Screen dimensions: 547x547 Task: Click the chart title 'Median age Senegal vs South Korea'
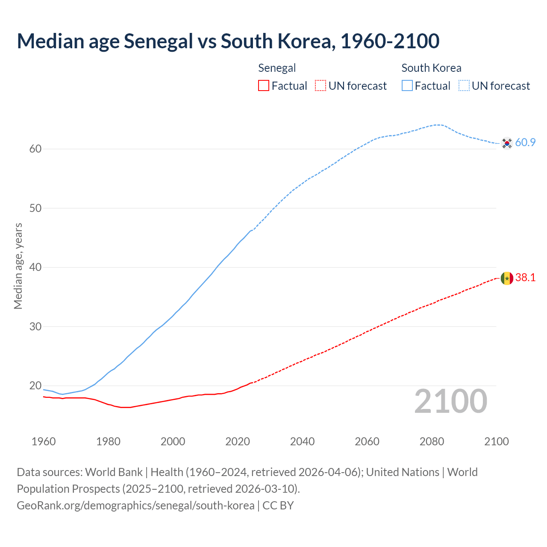click(x=228, y=41)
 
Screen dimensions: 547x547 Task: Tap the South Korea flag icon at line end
click(x=507, y=143)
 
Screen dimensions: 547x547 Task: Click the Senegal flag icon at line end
click(x=507, y=278)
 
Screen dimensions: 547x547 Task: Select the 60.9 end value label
click(x=525, y=143)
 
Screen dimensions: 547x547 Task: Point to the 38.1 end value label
click(x=525, y=278)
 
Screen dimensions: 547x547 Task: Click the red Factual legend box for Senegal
click(x=264, y=86)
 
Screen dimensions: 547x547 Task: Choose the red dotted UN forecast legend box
click(x=321, y=86)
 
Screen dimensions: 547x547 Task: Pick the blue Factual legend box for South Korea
click(x=407, y=86)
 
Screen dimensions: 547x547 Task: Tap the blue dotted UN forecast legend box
click(x=464, y=86)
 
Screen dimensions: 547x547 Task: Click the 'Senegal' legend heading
click(x=277, y=68)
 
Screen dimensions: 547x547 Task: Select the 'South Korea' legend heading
click(x=431, y=68)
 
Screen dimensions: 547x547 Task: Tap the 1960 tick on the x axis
click(x=44, y=441)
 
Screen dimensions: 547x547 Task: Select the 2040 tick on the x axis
click(x=302, y=441)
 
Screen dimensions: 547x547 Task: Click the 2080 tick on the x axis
click(x=432, y=441)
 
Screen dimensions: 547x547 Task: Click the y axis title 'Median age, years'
click(x=18, y=266)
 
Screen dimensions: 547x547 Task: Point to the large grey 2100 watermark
click(x=450, y=401)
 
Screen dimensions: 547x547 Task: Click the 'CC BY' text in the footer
click(x=278, y=506)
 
